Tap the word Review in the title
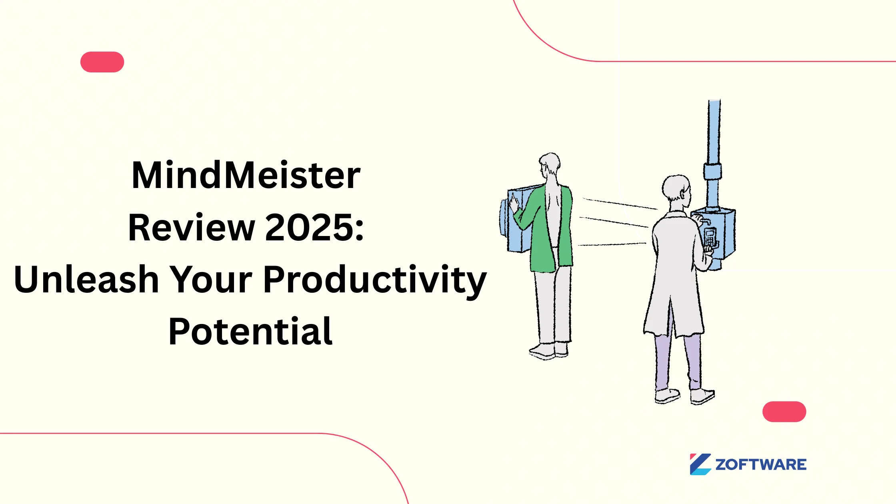click(191, 228)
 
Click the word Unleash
click(86, 280)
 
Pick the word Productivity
click(375, 280)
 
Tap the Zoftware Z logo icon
click(700, 464)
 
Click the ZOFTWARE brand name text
click(761, 465)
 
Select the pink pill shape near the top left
click(102, 62)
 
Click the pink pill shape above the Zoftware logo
click(784, 412)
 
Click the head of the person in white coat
click(676, 188)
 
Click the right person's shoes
click(684, 396)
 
